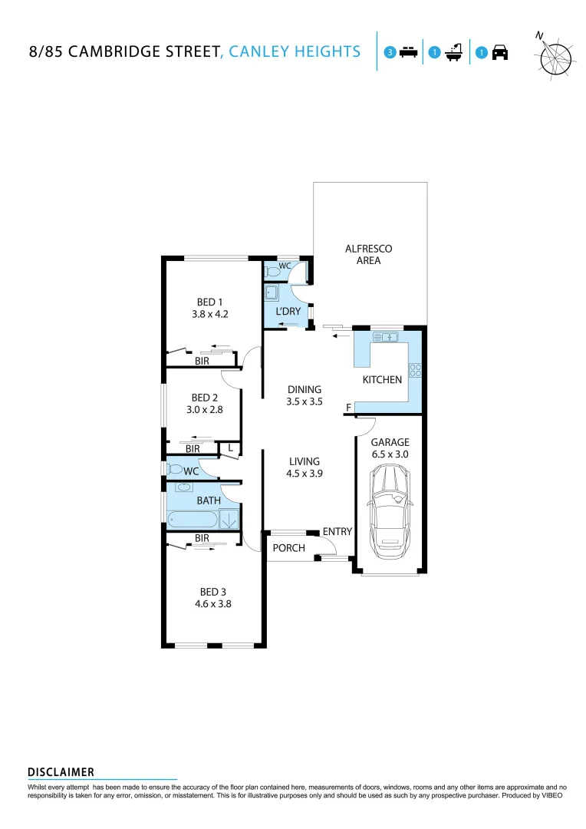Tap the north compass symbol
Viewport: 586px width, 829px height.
coord(555,57)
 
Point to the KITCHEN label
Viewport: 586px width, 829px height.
coord(382,379)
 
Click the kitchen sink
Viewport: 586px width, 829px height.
coord(386,337)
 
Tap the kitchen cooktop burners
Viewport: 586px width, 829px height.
coord(416,370)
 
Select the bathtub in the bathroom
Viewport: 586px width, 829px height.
coord(192,520)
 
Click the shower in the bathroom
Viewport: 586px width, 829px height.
coord(229,520)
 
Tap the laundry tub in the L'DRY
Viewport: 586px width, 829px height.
coord(272,292)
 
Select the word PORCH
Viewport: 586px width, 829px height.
coord(288,548)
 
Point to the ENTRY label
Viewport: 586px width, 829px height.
coord(337,531)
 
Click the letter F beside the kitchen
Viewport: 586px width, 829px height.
coord(348,407)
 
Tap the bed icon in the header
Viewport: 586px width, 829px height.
coord(408,52)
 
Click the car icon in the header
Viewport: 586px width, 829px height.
coord(500,52)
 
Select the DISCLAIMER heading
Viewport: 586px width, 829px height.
coord(61,771)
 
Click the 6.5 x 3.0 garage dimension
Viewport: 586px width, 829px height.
coord(390,454)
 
